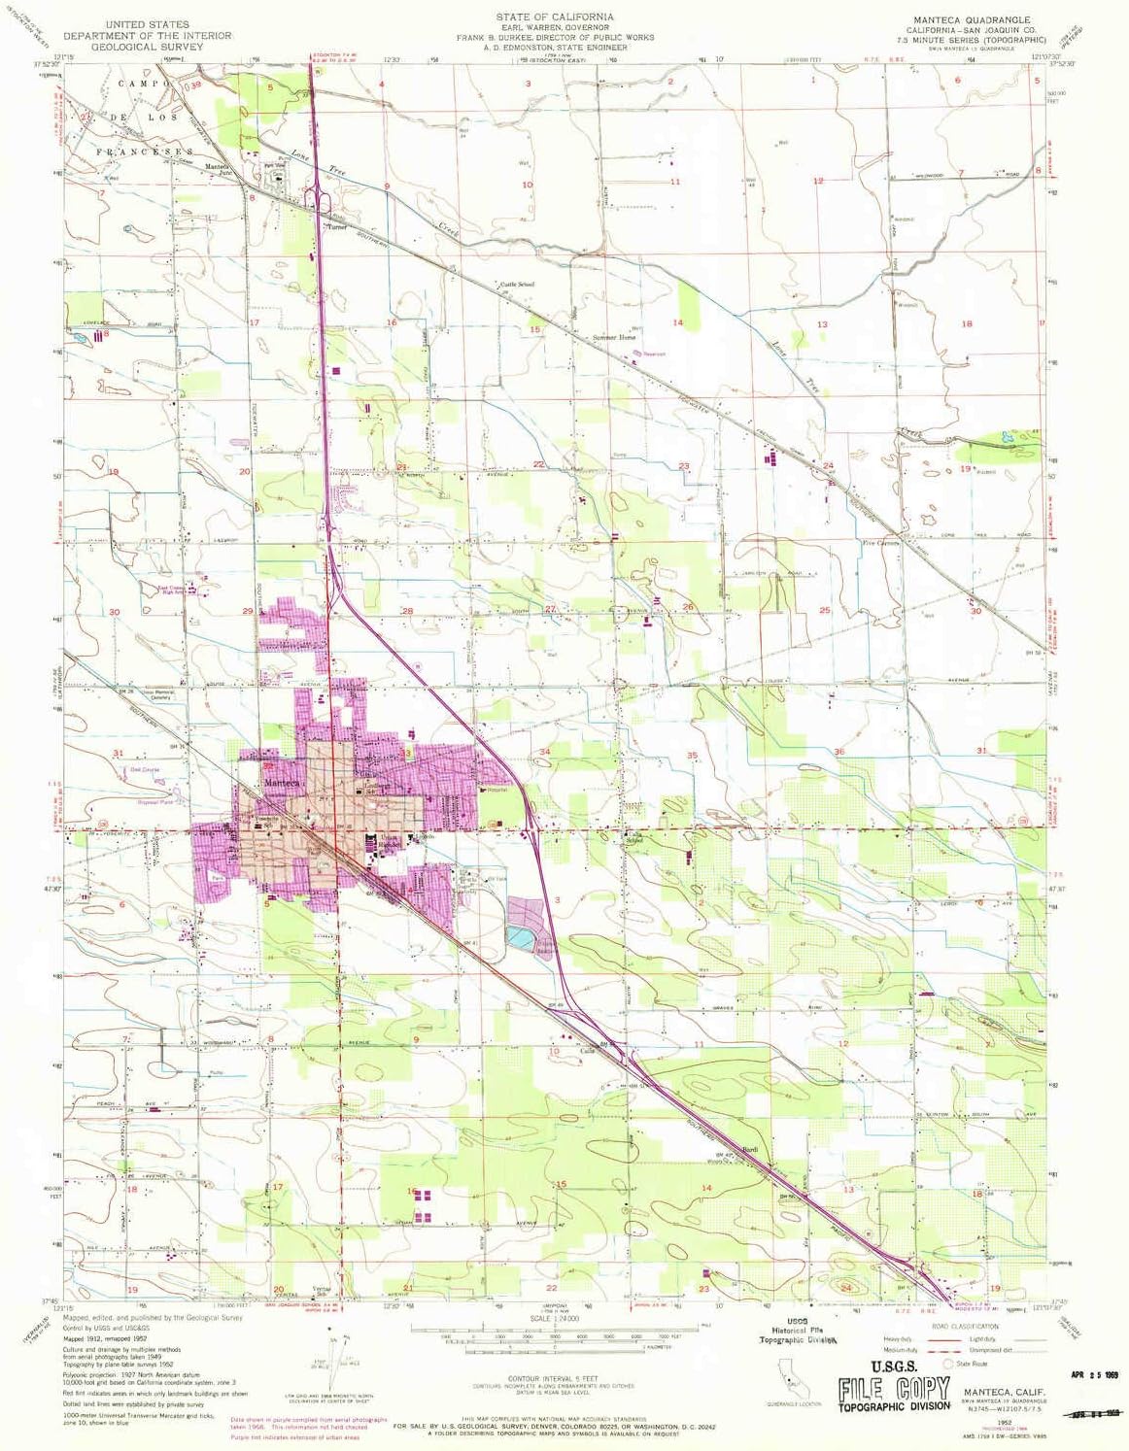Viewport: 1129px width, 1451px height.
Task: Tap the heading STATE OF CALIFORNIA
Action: pos(555,17)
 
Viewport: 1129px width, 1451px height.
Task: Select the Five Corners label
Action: pos(882,543)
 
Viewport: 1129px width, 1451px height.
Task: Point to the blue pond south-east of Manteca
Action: pos(521,938)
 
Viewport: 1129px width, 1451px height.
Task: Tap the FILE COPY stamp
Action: pos(894,1387)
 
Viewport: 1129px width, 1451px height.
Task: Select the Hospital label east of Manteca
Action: pos(496,790)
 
